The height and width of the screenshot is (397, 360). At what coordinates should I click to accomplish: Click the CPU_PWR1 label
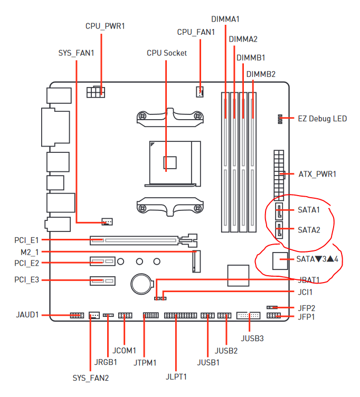[105, 26]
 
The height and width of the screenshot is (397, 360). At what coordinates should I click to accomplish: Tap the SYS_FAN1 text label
[76, 53]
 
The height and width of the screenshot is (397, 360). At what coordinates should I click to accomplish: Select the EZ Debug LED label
[322, 119]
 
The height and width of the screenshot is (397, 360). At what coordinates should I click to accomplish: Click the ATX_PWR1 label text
[317, 174]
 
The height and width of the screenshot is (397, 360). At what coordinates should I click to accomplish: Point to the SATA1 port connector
[279, 211]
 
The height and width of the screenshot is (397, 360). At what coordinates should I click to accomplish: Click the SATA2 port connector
[279, 230]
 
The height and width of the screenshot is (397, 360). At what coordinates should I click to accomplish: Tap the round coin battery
[141, 284]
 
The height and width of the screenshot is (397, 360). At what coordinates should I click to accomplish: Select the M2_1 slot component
[196, 262]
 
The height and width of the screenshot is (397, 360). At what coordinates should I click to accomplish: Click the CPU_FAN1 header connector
[200, 92]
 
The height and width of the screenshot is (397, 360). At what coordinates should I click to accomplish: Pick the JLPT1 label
[176, 377]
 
